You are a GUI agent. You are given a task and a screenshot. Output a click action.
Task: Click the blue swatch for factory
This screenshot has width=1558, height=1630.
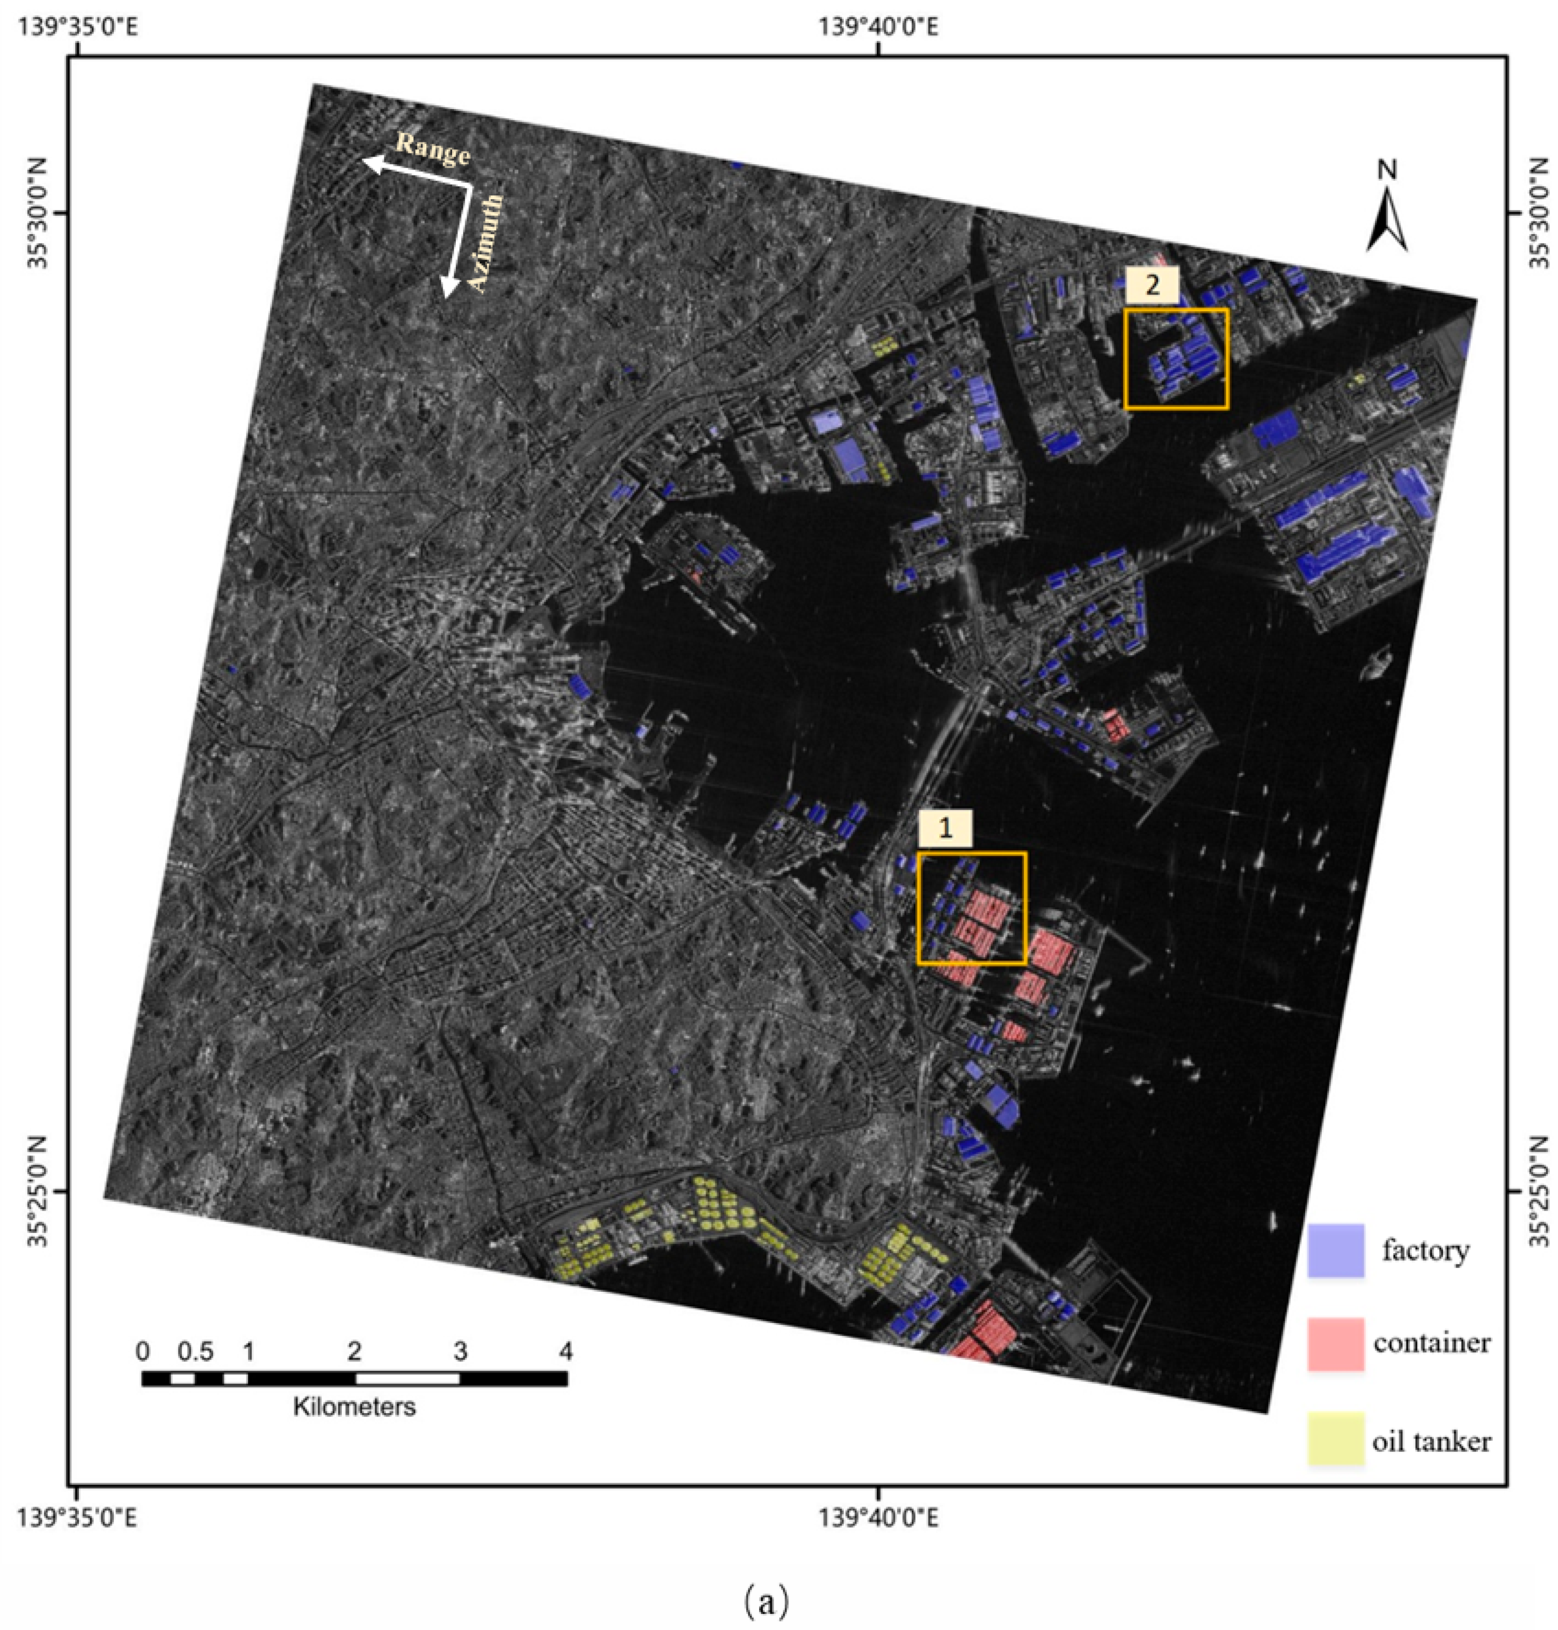click(1335, 1250)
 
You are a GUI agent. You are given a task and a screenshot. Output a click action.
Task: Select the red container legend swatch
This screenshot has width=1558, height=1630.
click(1335, 1343)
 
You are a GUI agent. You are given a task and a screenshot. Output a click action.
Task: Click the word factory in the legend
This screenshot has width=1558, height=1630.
click(1425, 1250)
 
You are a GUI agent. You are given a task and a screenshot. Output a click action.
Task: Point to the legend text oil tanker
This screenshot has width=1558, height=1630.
click(1431, 1442)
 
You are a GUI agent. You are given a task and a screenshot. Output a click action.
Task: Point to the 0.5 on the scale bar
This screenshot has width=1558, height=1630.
click(196, 1351)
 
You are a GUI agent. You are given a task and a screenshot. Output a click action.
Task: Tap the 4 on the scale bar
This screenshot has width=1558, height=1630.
click(565, 1351)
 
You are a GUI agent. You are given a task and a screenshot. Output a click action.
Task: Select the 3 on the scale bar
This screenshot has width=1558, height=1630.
click(460, 1351)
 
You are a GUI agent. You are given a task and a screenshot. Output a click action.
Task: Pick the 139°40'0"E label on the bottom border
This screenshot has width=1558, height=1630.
click(879, 1519)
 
